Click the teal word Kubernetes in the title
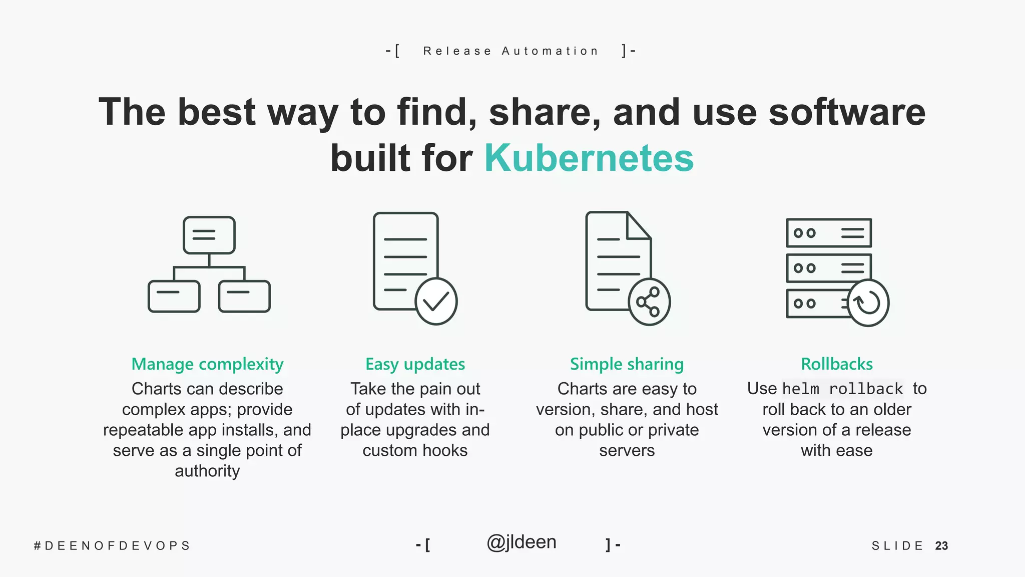589,158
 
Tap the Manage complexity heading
207,364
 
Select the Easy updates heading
415,364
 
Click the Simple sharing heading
627,364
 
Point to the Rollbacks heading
836,364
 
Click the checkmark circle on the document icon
436,302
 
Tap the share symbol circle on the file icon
649,302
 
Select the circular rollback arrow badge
868,303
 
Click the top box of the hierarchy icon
209,235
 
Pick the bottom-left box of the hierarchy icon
174,296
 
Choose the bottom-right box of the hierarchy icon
244,296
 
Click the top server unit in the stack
828,233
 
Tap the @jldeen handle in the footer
521,542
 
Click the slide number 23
941,546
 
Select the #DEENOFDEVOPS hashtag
112,546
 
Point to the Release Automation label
510,51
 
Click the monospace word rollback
866,389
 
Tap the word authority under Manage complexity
207,471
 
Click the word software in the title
847,112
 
